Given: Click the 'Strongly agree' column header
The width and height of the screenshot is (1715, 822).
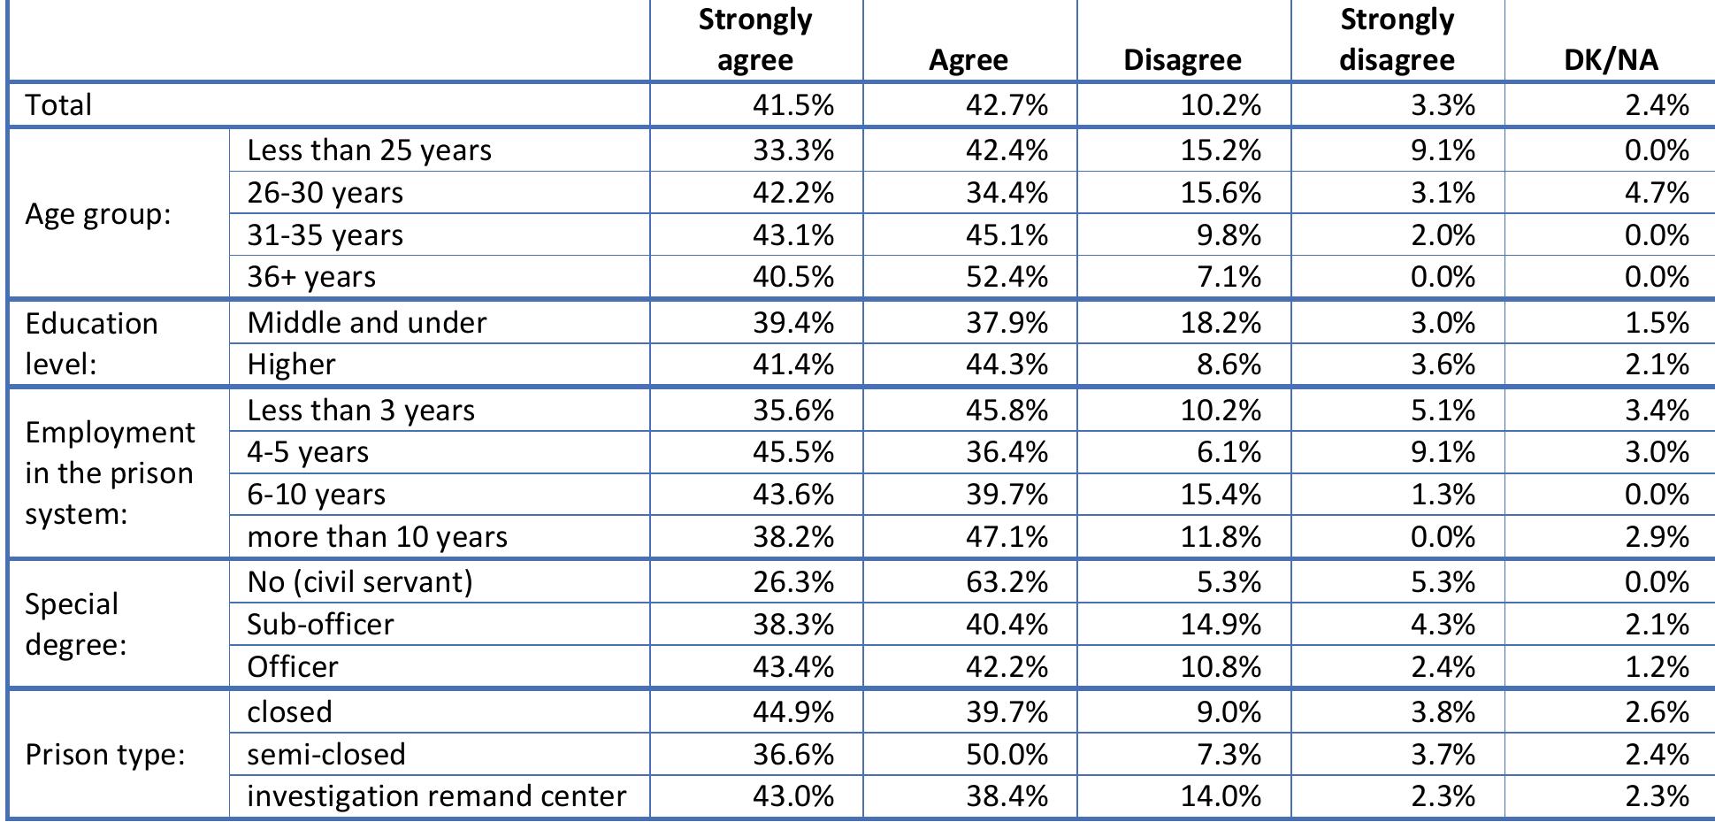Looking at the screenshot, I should tap(754, 40).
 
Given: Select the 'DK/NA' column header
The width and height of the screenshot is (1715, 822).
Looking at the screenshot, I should tap(1610, 59).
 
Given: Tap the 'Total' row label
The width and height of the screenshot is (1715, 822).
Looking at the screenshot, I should tap(58, 105).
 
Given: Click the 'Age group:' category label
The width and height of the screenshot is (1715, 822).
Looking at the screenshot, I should tap(97, 214).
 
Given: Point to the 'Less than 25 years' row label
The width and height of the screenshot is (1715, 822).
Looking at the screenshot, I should tap(369, 150).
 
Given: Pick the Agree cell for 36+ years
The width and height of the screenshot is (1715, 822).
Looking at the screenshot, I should tap(1007, 277).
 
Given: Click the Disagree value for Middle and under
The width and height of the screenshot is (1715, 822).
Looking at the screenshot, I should tap(1221, 323).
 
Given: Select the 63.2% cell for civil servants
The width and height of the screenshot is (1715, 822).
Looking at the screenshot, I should tap(1007, 582).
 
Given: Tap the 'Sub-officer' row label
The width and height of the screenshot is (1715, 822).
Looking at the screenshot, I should tap(320, 625).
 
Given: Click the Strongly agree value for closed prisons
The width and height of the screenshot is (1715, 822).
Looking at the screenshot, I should tap(793, 712).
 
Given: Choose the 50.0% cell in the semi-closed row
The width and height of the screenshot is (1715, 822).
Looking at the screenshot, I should tap(1007, 755).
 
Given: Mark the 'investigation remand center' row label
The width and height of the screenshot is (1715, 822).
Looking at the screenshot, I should tap(436, 796).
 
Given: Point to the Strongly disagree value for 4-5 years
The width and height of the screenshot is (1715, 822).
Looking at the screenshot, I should tap(1443, 452).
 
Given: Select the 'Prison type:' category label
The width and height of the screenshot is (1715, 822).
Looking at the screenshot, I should tap(104, 755).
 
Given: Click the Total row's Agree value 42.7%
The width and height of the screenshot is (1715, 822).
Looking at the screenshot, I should tap(1007, 105).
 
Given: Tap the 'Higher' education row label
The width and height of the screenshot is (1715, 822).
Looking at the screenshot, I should tap(291, 365).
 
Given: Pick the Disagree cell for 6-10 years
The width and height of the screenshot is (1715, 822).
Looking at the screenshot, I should tap(1221, 495).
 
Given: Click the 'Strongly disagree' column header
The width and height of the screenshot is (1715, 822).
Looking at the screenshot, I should tap(1397, 40).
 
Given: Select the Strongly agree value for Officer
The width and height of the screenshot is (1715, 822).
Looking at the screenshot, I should tap(793, 666).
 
